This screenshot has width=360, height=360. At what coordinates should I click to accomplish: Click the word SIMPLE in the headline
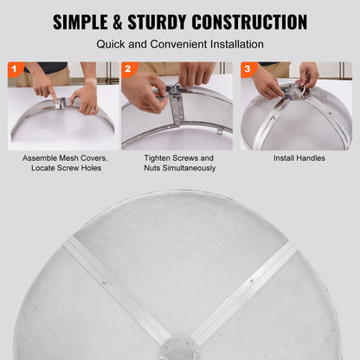(x=88, y=22)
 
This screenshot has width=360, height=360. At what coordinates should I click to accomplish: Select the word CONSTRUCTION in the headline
(x=254, y=22)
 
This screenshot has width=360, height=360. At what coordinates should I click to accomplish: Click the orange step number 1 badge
(x=14, y=68)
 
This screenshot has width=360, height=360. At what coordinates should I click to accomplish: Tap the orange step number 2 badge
(x=129, y=68)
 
